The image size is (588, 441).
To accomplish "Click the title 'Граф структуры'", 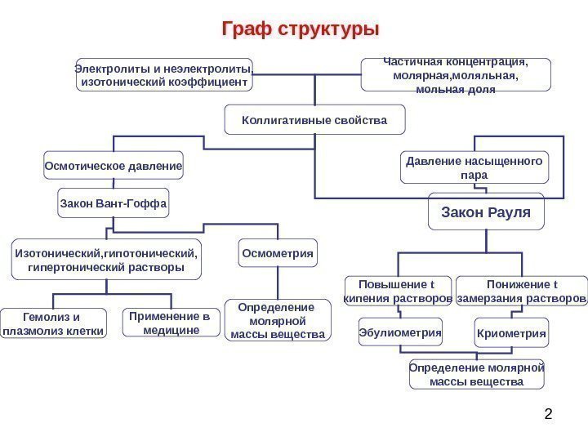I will tap(301, 30).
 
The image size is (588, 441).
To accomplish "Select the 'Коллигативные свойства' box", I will tap(314, 120).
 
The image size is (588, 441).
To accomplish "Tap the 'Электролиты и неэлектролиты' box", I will tap(164, 74).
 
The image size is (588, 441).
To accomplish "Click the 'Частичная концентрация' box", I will tap(456, 74).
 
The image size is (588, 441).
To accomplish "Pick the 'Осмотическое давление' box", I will tap(113, 166).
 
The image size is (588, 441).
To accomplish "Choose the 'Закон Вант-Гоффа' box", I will tap(113, 203).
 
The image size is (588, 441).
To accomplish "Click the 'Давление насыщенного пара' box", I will tap(474, 167).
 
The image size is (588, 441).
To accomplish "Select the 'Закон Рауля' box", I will tap(486, 212).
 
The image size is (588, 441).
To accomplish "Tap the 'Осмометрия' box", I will tap(278, 253).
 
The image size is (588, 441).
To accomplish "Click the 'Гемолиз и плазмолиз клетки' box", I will tap(54, 323).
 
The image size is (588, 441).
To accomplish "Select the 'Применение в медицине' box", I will tap(170, 323).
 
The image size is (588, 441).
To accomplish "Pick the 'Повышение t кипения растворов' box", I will tap(398, 292).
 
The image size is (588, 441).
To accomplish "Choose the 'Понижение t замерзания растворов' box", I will tap(521, 292).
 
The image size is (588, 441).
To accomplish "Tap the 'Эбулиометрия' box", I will tap(400, 333).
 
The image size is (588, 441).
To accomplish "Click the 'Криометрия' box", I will tap(511, 333).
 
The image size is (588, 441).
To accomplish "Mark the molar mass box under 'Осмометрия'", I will tap(278, 320).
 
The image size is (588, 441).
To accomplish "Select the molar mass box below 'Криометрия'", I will tap(476, 375).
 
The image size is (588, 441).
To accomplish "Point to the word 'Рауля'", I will tap(508, 212).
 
